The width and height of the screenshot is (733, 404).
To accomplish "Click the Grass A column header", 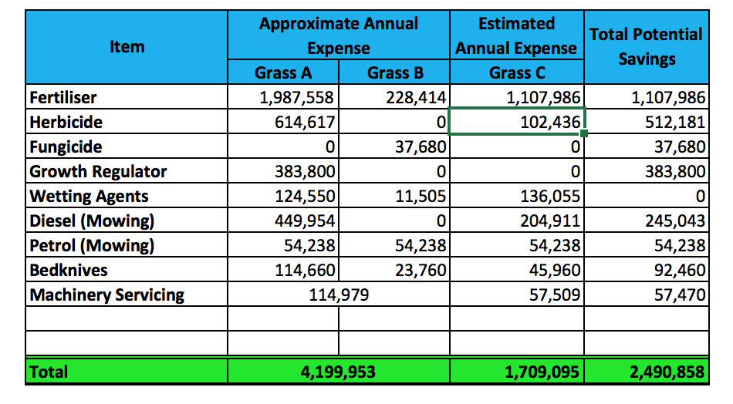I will (x=282, y=72).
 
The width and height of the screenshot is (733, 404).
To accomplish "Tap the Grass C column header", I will (x=516, y=72).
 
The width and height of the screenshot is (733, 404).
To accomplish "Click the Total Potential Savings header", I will (x=646, y=46).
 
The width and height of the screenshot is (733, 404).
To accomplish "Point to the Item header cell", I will (x=127, y=46).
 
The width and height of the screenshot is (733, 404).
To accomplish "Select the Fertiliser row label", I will (x=63, y=97).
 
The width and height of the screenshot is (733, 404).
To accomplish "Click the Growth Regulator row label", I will (x=98, y=171).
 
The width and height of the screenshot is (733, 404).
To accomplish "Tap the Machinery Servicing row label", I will (x=107, y=295).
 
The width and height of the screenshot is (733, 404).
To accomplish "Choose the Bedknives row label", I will (x=69, y=270).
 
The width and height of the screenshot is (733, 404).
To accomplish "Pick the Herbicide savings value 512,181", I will (x=667, y=122).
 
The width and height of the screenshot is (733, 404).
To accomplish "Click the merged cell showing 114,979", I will (x=339, y=295).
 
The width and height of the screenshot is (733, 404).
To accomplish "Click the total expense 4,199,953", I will (x=339, y=372).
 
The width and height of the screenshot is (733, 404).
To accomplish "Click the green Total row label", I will (x=49, y=372).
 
